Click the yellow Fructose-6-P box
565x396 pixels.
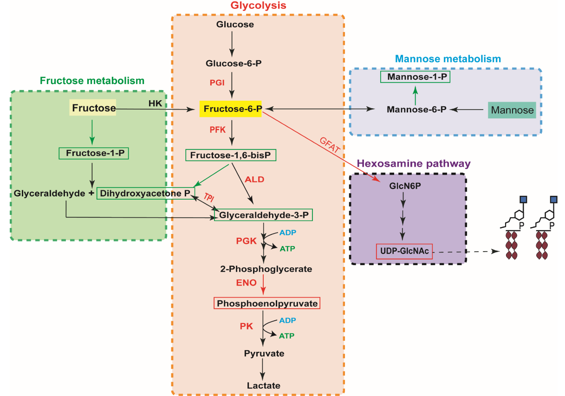coord(231,109)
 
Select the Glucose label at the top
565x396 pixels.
coord(235,25)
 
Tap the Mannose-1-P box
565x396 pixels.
coord(415,77)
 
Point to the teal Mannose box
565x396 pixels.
coord(512,110)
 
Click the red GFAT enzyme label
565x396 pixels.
coord(330,145)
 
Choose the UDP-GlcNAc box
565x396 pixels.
coord(404,251)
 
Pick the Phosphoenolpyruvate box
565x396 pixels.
coord(267,303)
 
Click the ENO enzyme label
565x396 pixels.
coord(246,283)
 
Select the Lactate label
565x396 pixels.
coord(264,385)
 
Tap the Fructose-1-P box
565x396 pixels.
coord(94,153)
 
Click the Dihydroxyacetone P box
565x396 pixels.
coord(145,194)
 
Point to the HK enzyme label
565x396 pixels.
coord(155,104)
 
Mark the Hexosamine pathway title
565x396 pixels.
coord(414,163)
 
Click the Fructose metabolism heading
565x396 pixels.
coord(92,81)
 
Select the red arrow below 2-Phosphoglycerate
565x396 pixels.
coord(263,285)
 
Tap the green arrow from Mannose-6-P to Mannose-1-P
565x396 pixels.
coord(415,95)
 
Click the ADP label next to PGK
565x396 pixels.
coord(288,233)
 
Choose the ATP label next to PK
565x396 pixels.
coord(287,336)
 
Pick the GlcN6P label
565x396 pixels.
coord(405,186)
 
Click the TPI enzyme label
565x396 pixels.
coord(209,197)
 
